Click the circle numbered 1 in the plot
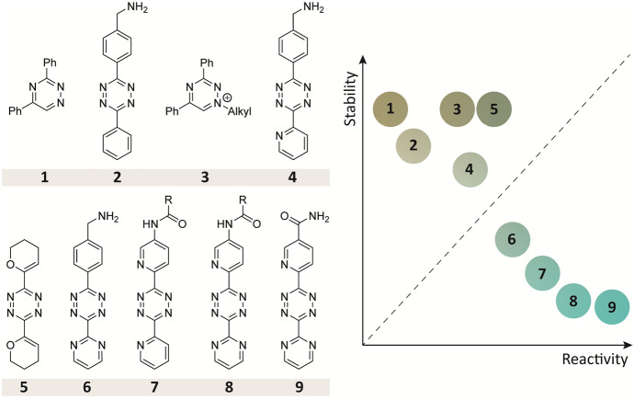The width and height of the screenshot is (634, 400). point(391,109)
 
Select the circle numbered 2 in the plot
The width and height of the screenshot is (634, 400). point(414,144)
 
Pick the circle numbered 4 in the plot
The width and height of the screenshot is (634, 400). point(470,169)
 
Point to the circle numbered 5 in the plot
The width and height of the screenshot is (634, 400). point(493,109)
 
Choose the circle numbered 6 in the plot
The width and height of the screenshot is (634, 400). point(512,239)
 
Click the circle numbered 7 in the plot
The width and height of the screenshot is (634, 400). point(543,273)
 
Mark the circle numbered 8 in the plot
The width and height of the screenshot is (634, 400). point(574,300)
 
